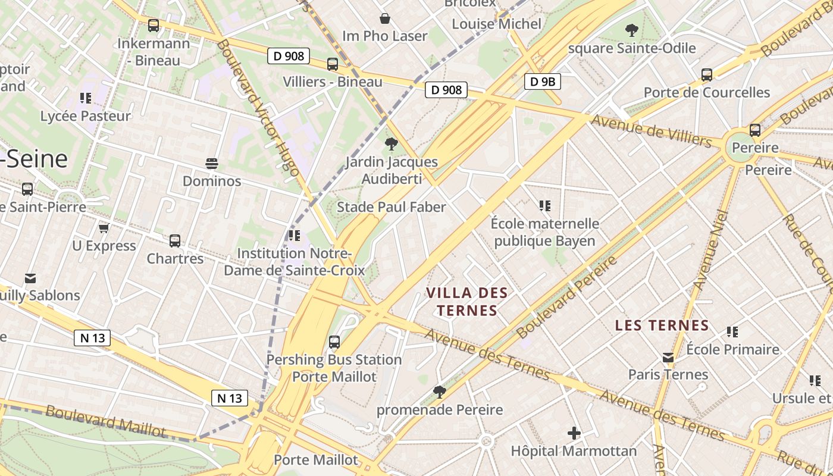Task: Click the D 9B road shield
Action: tap(543, 82)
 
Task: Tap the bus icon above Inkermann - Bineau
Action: tap(154, 26)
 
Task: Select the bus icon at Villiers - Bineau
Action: tap(333, 64)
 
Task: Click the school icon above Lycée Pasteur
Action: tap(86, 98)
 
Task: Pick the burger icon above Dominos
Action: tap(212, 164)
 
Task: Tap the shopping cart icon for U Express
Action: tap(104, 228)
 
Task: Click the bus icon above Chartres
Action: tap(175, 241)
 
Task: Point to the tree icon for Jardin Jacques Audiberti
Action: tap(391, 143)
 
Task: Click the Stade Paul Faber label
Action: tap(391, 207)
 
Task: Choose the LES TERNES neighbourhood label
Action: tap(662, 325)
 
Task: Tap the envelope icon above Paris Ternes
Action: tap(668, 358)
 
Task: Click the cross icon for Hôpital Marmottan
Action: tap(574, 433)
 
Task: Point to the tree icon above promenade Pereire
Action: tap(440, 392)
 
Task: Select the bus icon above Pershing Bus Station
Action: tap(334, 342)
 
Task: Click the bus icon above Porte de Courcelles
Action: tap(707, 75)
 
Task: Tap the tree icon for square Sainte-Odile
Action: tap(631, 30)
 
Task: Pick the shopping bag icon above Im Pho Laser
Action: tap(385, 18)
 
